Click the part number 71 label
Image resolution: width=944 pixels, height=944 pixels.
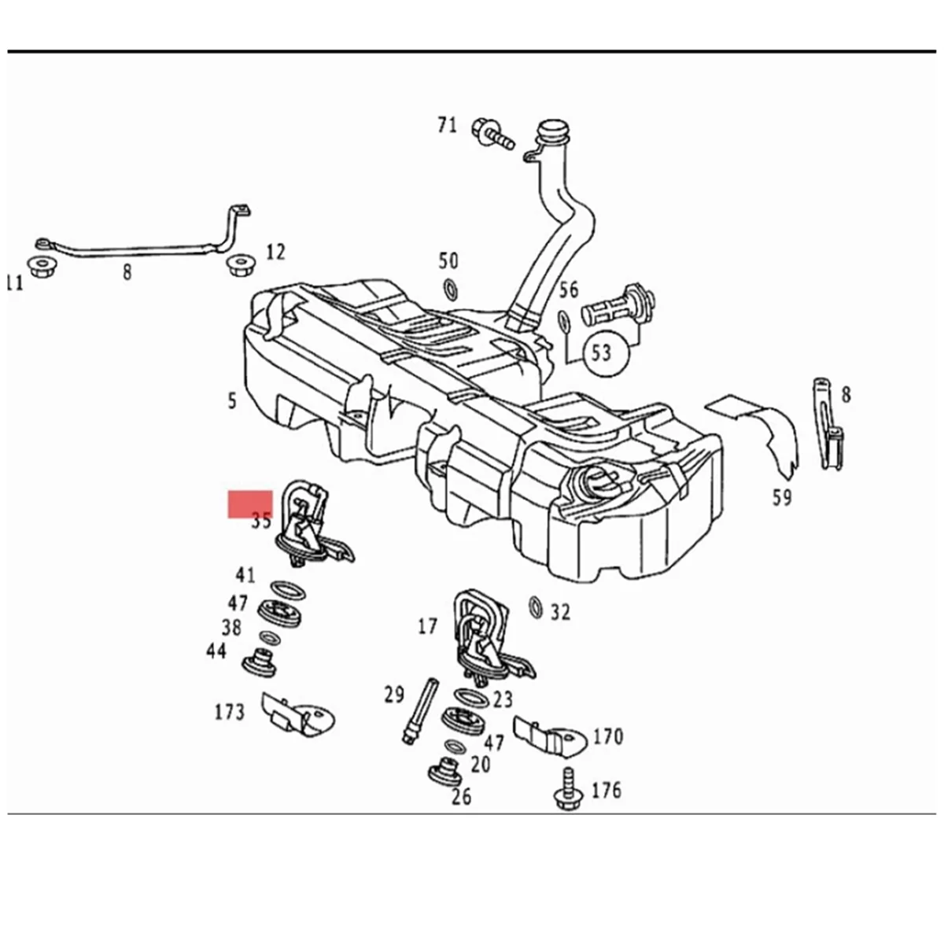[447, 124]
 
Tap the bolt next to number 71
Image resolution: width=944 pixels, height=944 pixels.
[492, 133]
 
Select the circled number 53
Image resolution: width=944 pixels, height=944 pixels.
[602, 351]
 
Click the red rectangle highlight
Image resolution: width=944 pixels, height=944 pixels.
[250, 503]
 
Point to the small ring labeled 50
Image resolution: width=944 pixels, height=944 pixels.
[451, 289]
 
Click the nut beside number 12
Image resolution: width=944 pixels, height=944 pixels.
[239, 264]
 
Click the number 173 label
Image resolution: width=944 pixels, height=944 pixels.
[230, 712]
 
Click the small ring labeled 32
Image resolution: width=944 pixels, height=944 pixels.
[536, 607]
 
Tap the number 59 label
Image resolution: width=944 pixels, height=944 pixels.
[782, 497]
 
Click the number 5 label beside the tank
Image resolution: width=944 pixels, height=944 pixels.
[231, 401]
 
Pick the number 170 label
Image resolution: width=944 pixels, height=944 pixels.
[607, 737]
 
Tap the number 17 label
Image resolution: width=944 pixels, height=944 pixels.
[427, 626]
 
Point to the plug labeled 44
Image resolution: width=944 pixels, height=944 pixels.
[260, 662]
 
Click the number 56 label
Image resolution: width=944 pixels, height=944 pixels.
[569, 289]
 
